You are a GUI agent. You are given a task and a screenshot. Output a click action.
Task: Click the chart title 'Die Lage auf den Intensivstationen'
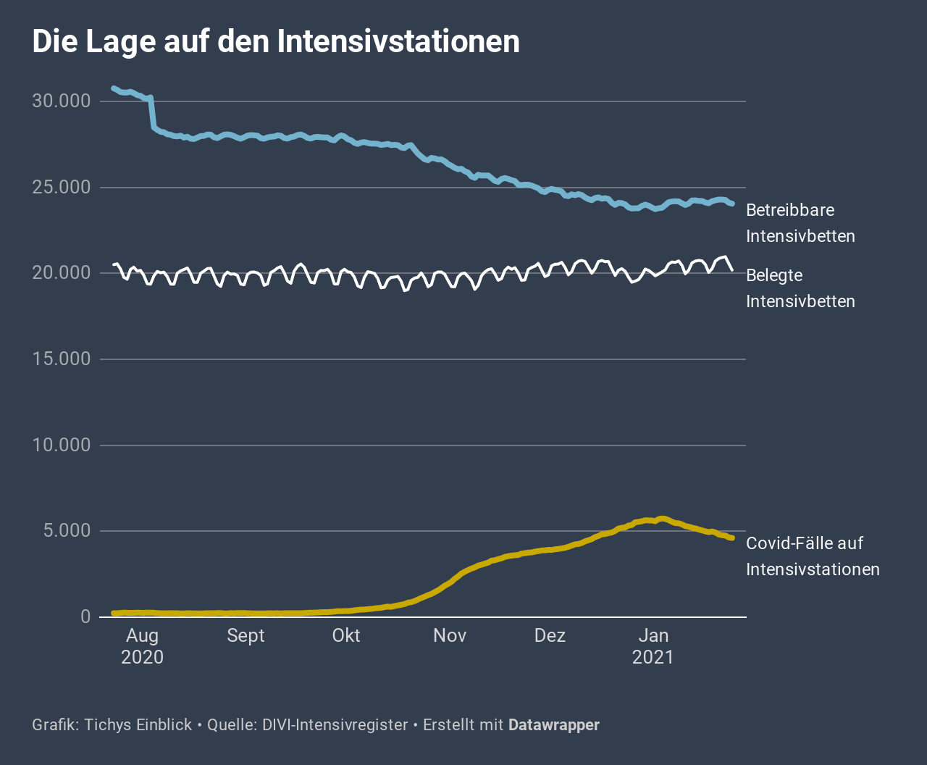coord(276,41)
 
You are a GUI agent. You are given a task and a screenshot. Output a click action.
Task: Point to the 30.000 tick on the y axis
coord(61,101)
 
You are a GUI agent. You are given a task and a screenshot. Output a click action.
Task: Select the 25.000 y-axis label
coord(61,188)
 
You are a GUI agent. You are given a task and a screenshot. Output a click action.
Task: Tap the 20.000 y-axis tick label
coord(61,273)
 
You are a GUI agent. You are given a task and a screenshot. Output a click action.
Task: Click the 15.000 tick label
coord(61,359)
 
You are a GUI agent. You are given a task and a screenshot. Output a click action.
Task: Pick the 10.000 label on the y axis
coord(61,445)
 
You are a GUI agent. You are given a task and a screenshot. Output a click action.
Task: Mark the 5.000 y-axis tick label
coord(65,531)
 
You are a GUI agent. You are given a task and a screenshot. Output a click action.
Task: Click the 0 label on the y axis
coord(85,616)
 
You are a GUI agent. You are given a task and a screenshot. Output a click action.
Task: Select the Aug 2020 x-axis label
coord(142,646)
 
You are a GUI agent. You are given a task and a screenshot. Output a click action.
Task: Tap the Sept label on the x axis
coord(246,635)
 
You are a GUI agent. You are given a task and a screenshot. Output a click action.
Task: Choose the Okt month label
coord(346,635)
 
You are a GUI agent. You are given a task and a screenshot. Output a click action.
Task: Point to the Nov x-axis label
coord(450,635)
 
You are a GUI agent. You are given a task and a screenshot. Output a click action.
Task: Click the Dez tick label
coord(550,635)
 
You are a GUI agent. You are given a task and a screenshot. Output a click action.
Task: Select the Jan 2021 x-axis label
coord(653,646)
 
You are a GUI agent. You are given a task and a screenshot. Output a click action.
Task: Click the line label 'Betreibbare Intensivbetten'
coord(800,223)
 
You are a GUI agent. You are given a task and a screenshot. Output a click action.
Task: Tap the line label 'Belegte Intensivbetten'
coord(800,288)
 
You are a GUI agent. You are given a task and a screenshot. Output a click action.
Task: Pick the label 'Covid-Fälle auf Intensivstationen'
coord(813,556)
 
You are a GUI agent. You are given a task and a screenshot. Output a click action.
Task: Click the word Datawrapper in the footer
coord(554,724)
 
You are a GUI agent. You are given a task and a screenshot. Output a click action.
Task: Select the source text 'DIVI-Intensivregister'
coord(335,724)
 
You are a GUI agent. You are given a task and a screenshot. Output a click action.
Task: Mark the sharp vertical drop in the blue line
coord(152,112)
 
